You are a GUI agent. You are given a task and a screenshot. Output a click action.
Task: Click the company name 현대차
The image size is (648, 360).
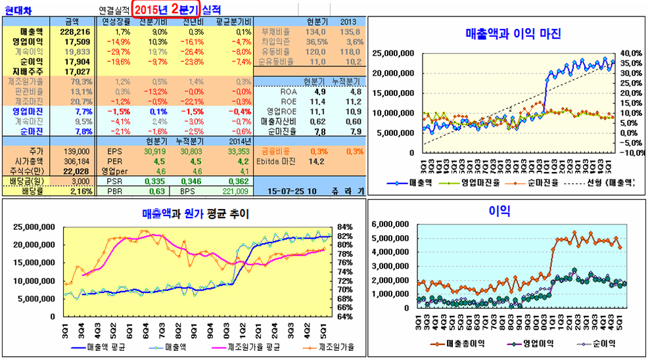(17, 11)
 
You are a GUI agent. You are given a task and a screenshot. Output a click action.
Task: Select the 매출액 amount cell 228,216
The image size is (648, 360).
(74, 32)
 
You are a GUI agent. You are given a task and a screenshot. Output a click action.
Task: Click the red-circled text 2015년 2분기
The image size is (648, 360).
(166, 10)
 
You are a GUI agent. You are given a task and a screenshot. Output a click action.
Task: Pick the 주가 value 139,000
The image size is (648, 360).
(77, 151)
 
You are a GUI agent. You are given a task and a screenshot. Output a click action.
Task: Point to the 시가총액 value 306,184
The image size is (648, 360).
(77, 161)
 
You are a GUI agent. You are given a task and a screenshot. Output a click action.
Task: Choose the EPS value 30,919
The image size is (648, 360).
(151, 151)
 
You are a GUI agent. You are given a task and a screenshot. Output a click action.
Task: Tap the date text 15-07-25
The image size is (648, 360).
(286, 191)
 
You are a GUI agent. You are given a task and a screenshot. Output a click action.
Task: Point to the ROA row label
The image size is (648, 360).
(289, 91)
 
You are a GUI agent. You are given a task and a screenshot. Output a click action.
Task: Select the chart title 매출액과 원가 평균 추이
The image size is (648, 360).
(195, 214)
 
